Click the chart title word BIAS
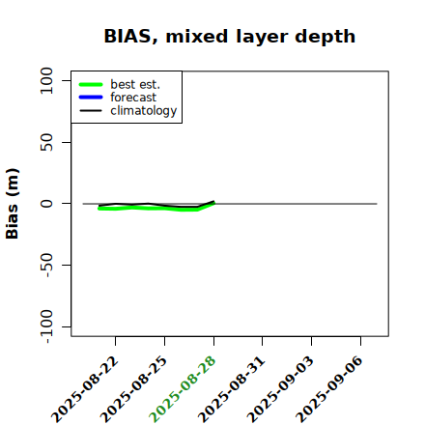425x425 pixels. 127,36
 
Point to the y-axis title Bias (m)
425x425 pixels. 13,204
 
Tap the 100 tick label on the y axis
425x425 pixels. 46,80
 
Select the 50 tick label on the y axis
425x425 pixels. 46,142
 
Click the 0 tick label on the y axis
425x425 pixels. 46,204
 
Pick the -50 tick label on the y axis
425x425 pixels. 47,265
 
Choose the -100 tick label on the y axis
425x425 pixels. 47,326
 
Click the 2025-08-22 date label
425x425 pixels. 85,389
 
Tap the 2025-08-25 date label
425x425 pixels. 134,389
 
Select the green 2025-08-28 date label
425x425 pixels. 183,389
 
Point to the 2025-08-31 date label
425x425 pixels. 232,389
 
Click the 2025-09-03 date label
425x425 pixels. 280,389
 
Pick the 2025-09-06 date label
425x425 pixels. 329,389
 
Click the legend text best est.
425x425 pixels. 135,84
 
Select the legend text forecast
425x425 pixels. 133,98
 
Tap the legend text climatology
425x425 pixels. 144,111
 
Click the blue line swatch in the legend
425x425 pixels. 91,98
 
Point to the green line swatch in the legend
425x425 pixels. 91,84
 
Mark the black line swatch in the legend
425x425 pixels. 91,111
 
